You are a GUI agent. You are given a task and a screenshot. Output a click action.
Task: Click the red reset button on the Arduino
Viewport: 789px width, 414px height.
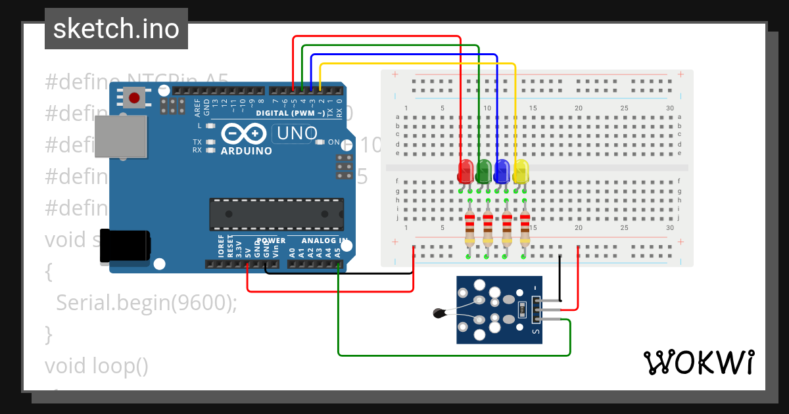(x=134, y=99)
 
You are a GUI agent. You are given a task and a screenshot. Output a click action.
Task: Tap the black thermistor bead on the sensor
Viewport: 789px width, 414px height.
(x=439, y=313)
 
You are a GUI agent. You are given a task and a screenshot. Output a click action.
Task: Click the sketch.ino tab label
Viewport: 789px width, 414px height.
(x=116, y=29)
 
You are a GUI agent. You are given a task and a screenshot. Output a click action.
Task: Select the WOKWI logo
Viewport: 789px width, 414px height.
(x=698, y=362)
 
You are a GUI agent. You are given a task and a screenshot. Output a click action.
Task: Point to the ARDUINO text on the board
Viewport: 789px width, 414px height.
(x=247, y=150)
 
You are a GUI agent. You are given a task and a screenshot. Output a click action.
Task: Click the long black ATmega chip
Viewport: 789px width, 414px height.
(x=276, y=214)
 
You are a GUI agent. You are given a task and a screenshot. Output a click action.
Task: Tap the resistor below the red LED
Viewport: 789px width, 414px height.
(x=469, y=227)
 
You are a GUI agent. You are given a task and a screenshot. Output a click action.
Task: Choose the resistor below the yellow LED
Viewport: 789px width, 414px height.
(x=525, y=227)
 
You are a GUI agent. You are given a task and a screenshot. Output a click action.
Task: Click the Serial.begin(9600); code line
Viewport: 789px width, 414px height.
(x=146, y=302)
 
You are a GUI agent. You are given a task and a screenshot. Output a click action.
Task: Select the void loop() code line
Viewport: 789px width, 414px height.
(x=97, y=365)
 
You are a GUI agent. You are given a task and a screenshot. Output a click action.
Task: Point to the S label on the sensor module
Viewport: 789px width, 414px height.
(x=536, y=332)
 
